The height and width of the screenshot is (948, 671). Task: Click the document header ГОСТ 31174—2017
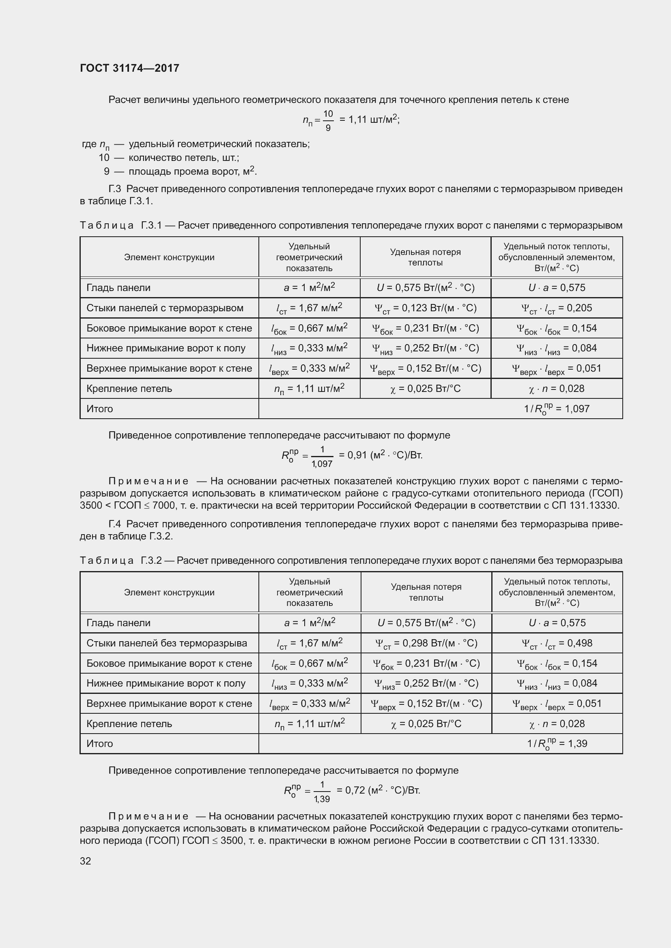(129, 68)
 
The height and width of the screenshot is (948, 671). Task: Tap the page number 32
(86, 861)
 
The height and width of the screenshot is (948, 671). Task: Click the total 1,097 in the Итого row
(577, 409)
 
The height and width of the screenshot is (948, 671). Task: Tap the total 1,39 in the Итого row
(577, 743)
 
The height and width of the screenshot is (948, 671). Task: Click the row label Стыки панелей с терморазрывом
(165, 308)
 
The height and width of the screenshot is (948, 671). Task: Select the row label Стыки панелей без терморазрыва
(166, 643)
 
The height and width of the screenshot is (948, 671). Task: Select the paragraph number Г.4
(114, 524)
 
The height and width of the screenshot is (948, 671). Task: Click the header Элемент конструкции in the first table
(169, 257)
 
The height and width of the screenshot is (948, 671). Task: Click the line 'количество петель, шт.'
(183, 158)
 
